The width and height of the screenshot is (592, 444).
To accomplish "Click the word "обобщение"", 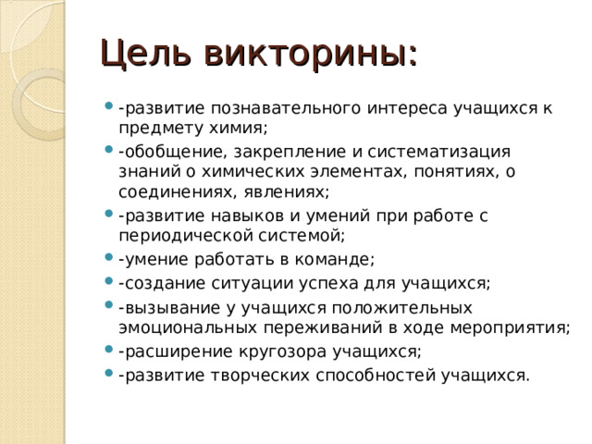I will [161, 151].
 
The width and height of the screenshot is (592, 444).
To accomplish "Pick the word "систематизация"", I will [434, 151].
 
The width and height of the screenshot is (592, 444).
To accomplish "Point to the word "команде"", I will [339, 259].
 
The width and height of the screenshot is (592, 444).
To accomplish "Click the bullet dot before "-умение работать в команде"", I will [111, 260].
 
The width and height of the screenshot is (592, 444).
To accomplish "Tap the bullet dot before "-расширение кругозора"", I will [111, 352].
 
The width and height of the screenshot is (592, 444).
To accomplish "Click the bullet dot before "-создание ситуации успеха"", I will [111, 281].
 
